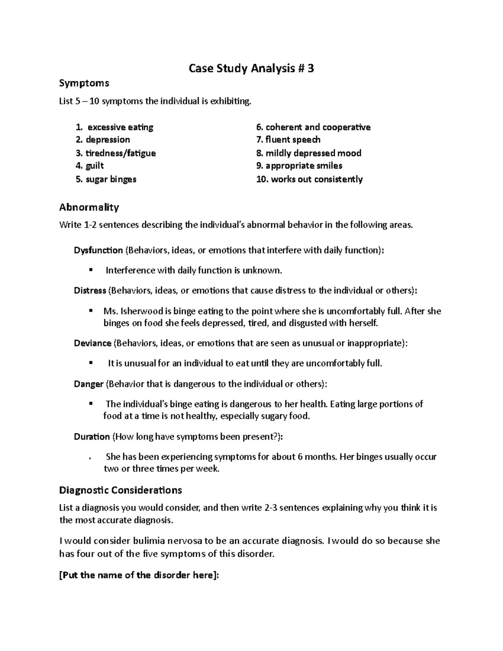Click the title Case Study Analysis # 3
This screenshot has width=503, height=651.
click(251, 68)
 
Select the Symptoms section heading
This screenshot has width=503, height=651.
click(84, 83)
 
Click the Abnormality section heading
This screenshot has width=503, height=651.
click(89, 207)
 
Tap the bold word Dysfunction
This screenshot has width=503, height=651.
click(98, 250)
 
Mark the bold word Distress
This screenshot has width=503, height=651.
click(90, 290)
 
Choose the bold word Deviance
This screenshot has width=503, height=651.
click(92, 343)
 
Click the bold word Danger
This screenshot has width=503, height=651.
click(88, 384)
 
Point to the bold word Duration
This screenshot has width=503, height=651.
click(91, 437)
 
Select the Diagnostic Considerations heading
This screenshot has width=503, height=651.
click(120, 490)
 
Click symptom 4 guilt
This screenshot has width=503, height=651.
click(94, 166)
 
